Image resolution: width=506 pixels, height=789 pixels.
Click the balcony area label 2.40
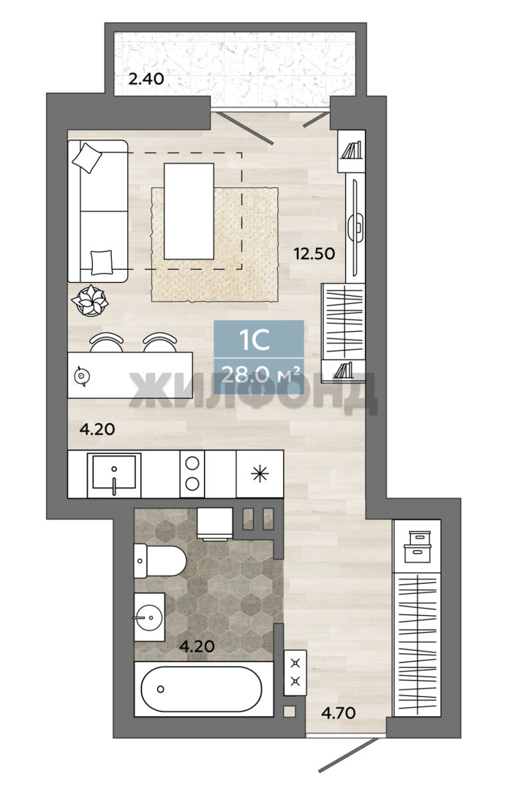[x=146, y=79]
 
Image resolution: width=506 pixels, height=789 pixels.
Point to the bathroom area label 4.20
[x=197, y=646]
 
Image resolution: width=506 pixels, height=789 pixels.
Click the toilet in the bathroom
[x=159, y=560]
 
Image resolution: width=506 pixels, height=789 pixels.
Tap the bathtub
[x=203, y=689]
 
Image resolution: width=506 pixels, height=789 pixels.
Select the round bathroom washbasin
[x=150, y=617]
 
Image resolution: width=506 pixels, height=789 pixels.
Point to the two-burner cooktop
[x=192, y=473]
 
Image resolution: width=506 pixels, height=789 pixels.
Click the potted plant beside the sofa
[x=90, y=301]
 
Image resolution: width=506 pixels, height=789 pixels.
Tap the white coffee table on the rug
[x=189, y=211]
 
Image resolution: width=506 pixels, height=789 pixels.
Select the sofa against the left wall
[x=98, y=211]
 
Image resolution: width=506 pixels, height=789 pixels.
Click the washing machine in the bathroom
[x=214, y=523]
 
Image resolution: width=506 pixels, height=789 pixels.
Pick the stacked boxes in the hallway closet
[x=418, y=546]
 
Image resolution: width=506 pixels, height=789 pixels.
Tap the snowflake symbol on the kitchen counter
[x=260, y=473]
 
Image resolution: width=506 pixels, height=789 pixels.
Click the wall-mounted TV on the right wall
[x=356, y=227]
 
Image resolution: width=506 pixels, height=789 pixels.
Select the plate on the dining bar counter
[x=80, y=376]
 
